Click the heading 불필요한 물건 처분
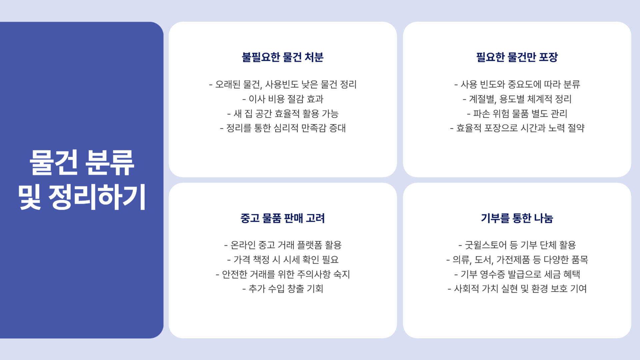pyautogui.click(x=283, y=57)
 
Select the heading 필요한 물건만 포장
pyautogui.click(x=517, y=57)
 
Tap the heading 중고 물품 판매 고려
pyautogui.click(x=283, y=218)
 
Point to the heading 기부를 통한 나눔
pyautogui.click(x=517, y=218)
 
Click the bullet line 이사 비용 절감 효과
pyautogui.click(x=283, y=99)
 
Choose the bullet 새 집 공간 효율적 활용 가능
pyautogui.click(x=283, y=114)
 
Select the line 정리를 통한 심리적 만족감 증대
pyautogui.click(x=283, y=128)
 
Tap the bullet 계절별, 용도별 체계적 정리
pyautogui.click(x=517, y=99)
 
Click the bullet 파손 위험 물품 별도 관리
pyautogui.click(x=517, y=114)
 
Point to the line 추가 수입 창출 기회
pyautogui.click(x=283, y=289)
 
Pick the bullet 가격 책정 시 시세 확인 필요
pyautogui.click(x=283, y=260)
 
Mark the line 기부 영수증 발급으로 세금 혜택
pyautogui.click(x=517, y=274)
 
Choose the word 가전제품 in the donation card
pyautogui.click(x=513, y=260)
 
